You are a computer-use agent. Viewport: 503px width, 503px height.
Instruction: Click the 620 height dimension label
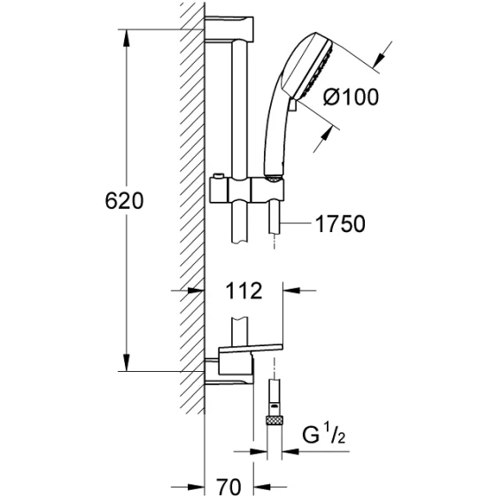click(124, 201)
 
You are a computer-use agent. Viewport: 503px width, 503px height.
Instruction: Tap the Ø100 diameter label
click(351, 97)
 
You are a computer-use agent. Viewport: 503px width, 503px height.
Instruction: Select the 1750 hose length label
click(340, 223)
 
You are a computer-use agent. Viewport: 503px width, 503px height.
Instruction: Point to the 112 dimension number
click(244, 291)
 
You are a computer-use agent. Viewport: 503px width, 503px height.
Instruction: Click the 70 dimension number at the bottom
click(228, 487)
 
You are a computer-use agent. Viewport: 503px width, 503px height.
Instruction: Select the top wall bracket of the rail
click(229, 28)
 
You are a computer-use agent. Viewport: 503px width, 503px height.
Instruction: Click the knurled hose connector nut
click(275, 420)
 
